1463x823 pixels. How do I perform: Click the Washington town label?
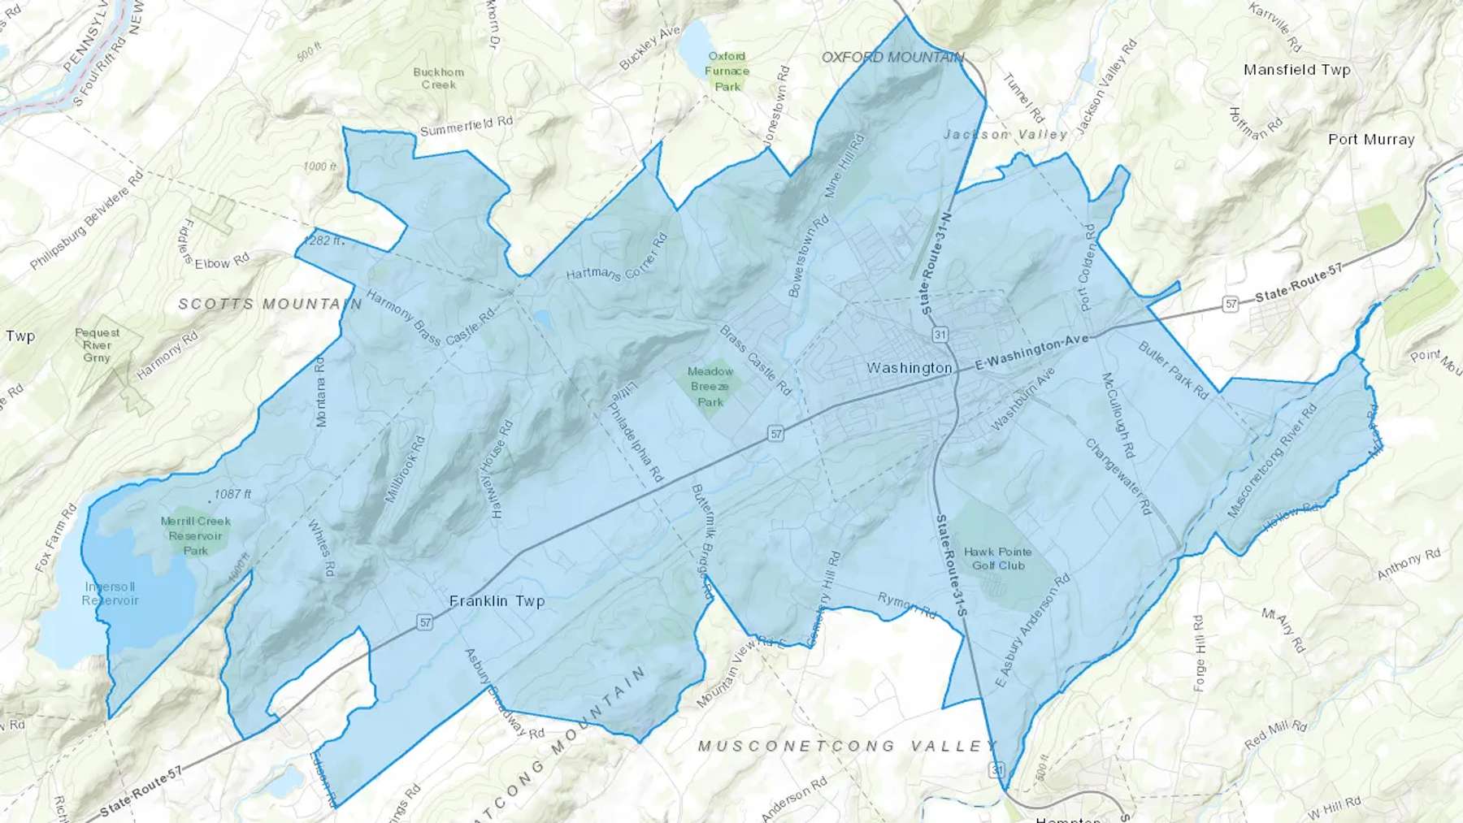(909, 368)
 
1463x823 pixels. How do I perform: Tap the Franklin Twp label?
(497, 601)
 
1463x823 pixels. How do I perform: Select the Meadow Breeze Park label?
(710, 387)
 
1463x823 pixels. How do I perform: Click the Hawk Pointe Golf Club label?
(998, 558)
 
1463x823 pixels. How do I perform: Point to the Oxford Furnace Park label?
(727, 71)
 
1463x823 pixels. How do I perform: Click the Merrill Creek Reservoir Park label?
(195, 535)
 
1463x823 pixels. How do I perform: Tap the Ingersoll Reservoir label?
(111, 594)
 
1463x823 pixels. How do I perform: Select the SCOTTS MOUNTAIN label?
(270, 304)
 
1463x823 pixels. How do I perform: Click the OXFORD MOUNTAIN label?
(892, 57)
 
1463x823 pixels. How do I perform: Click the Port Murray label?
(1371, 140)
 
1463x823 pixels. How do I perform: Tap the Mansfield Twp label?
(1296, 70)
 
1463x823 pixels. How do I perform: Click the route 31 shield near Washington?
(940, 335)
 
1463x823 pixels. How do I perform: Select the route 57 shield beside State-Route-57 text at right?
(1231, 304)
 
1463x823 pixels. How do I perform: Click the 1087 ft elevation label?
(232, 494)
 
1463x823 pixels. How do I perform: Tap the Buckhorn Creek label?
(438, 78)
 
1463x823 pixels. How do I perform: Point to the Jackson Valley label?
(1005, 134)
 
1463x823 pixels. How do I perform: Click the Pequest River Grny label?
(96, 345)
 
